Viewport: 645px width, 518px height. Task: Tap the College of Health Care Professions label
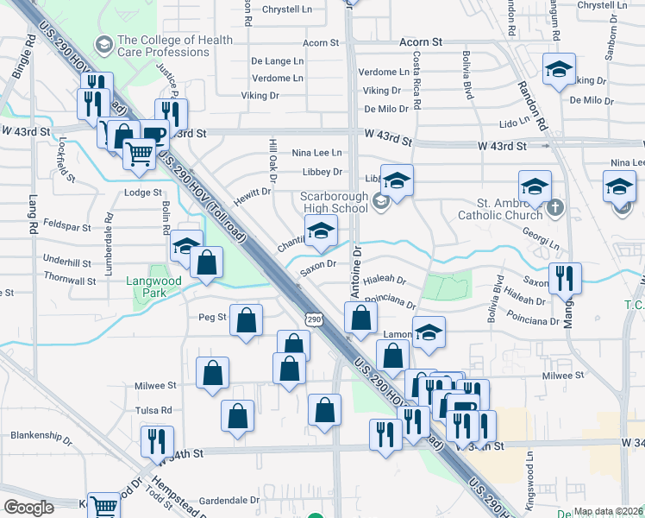[175, 46]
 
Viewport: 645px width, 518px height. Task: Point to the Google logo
[28, 507]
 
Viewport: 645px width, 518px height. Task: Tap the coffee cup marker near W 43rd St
[154, 136]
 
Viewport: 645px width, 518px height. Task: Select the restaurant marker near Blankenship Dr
[157, 441]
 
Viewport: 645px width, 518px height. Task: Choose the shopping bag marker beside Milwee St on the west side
[212, 374]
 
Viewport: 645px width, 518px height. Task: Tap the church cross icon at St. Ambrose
[555, 206]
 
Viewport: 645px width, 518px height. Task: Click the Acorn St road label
[421, 41]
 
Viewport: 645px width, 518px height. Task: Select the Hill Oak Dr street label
[272, 161]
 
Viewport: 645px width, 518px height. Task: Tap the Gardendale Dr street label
[229, 500]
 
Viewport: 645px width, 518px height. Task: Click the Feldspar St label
[66, 226]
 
